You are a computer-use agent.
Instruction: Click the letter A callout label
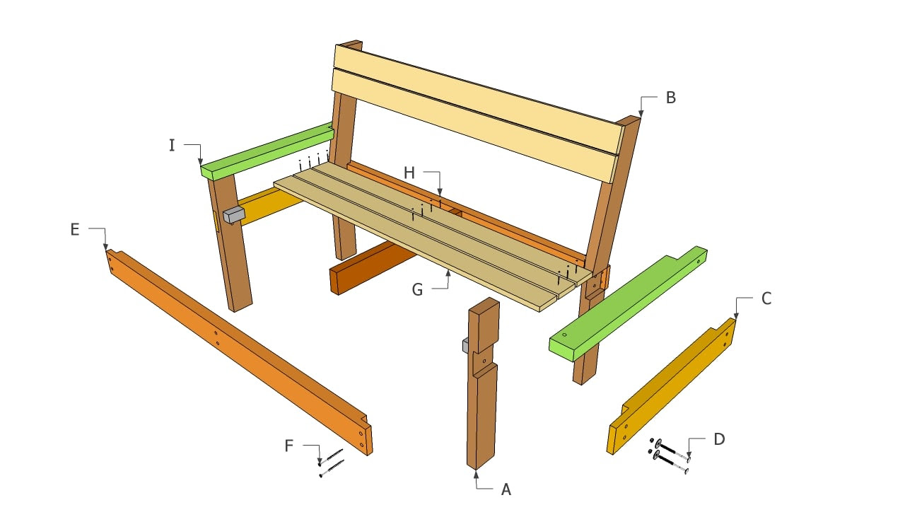pyautogui.click(x=506, y=489)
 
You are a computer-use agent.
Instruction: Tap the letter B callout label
pyautogui.click(x=671, y=98)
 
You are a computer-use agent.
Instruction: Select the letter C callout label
pyautogui.click(x=766, y=298)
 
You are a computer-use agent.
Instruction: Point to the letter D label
pyautogui.click(x=720, y=439)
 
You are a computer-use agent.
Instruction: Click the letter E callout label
pyautogui.click(x=75, y=230)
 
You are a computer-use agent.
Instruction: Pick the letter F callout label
pyautogui.click(x=288, y=446)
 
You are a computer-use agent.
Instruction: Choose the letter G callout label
pyautogui.click(x=417, y=290)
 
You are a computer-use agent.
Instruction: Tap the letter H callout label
pyautogui.click(x=409, y=173)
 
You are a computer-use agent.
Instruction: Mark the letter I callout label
pyautogui.click(x=172, y=146)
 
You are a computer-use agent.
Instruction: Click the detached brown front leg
pyautogui.click(x=482, y=384)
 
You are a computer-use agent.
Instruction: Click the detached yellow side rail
pyautogui.click(x=672, y=386)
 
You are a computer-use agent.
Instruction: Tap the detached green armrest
pyautogui.click(x=629, y=304)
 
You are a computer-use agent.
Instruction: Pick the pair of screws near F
pyautogui.click(x=332, y=463)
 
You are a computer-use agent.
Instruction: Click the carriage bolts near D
pyautogui.click(x=669, y=456)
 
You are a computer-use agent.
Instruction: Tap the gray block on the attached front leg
pyautogui.click(x=234, y=215)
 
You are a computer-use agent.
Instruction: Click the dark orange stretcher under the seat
pyautogui.click(x=372, y=267)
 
